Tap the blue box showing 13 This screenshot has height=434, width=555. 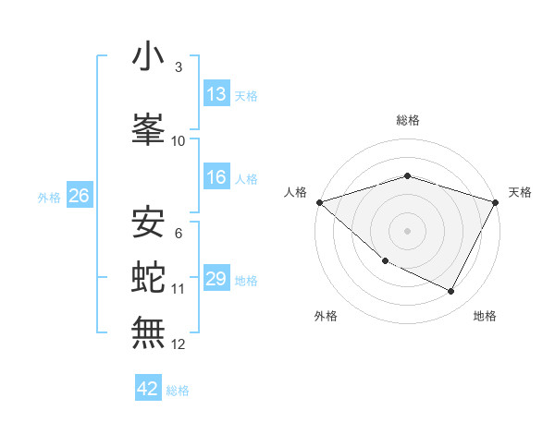[x=216, y=94]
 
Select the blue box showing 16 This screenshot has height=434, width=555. [x=216, y=178]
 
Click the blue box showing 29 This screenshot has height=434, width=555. [x=216, y=280]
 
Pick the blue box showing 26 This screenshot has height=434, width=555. [x=79, y=196]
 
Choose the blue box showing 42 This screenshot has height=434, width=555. [x=148, y=389]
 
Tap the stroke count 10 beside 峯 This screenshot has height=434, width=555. [x=179, y=140]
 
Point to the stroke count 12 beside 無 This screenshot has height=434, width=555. [x=179, y=344]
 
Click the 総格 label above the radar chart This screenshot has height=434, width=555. [x=407, y=120]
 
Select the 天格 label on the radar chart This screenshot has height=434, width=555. [x=520, y=192]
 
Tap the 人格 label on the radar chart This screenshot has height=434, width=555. [x=296, y=192]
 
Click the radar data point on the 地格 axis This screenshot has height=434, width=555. [x=451, y=292]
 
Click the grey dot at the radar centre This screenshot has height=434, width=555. [x=407, y=230]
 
